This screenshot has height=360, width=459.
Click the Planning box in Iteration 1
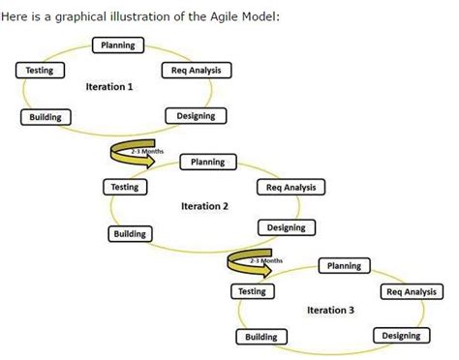tap(118, 45)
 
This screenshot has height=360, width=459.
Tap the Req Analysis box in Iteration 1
tap(196, 71)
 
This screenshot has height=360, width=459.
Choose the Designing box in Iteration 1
tap(196, 116)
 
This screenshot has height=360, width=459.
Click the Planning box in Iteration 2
tap(207, 162)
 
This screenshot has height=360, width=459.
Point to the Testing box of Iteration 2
tap(125, 187)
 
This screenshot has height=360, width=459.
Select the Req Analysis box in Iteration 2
tap(291, 187)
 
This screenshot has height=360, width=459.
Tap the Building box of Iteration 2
tap(130, 233)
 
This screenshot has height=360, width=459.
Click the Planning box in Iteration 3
tap(345, 265)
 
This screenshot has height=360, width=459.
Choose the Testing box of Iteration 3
tap(252, 290)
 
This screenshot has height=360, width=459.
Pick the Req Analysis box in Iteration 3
tap(411, 291)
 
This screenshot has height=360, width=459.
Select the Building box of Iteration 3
tap(260, 337)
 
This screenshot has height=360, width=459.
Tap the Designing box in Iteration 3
tap(401, 335)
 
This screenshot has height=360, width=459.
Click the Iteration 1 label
tap(109, 87)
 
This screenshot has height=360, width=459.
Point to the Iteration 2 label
tap(205, 205)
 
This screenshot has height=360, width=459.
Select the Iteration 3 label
tap(330, 310)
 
